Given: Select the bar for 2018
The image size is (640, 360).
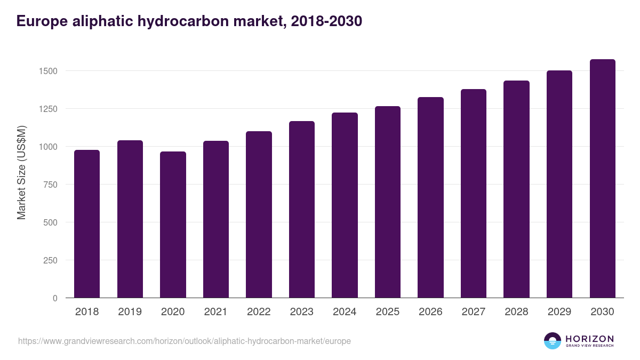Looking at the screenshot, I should [x=87, y=224].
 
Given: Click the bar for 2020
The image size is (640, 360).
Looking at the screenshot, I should [x=173, y=225].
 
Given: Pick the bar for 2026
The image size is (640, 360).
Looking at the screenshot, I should [x=430, y=197].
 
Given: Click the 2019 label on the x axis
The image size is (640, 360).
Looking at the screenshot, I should [x=130, y=312].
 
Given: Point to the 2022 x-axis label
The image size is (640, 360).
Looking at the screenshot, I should [x=259, y=312].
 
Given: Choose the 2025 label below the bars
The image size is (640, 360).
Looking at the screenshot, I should [x=387, y=312].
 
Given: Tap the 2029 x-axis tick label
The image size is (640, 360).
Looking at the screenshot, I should [x=559, y=312].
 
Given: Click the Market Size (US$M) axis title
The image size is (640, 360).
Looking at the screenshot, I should [x=21, y=172].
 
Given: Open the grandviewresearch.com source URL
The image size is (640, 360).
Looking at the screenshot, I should [x=184, y=341].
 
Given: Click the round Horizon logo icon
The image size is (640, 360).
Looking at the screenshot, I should [x=553, y=341].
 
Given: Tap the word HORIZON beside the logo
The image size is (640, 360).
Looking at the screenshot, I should [x=589, y=338].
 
